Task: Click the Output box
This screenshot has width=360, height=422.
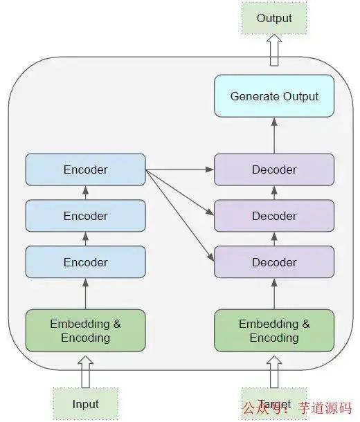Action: [x=274, y=19]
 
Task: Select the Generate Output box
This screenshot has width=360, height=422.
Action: [x=274, y=96]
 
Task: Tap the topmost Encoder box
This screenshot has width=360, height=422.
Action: [x=85, y=169]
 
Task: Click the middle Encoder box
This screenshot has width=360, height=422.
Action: [x=85, y=216]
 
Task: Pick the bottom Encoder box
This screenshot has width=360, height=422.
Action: [x=85, y=262]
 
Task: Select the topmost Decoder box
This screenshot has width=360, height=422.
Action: [x=274, y=169]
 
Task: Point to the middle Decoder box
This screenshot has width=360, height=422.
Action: [x=274, y=216]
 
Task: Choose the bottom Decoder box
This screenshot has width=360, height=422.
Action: [x=274, y=262]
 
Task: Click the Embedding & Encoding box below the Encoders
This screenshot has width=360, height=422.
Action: [x=85, y=331]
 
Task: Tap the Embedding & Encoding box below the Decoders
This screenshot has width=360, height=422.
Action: [x=274, y=331]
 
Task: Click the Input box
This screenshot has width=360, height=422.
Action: [x=85, y=404]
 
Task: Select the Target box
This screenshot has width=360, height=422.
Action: [x=274, y=404]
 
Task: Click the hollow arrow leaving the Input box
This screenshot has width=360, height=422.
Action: [x=85, y=372]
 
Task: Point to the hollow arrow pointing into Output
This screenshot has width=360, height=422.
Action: [x=274, y=51]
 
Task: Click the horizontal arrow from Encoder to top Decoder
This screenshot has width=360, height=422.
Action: [x=180, y=169]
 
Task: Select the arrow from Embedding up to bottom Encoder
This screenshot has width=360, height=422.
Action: [x=85, y=293]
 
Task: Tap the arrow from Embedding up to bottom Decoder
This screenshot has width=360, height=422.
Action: [x=274, y=293]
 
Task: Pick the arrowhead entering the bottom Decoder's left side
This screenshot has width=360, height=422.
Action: [x=210, y=259]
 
